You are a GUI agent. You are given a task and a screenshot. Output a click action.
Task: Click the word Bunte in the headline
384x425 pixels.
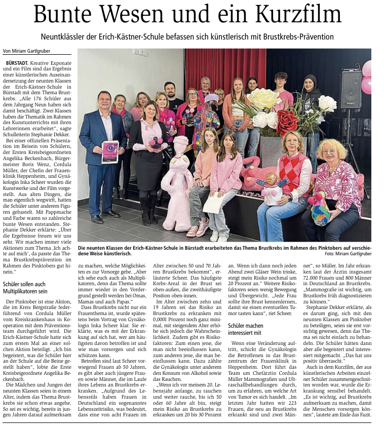(64, 15)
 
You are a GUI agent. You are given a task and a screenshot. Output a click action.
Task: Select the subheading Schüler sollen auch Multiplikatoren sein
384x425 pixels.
(25, 288)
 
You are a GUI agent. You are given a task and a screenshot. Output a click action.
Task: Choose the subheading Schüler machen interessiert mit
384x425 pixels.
(245, 329)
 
